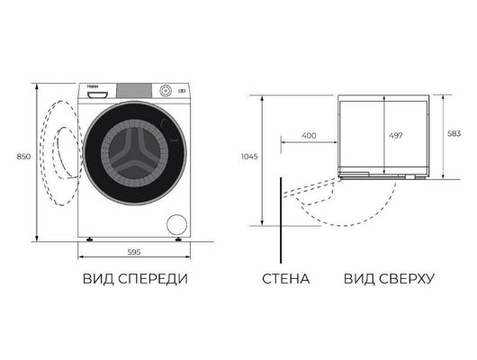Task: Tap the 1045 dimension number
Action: coord(250,156)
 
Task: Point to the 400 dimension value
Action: coord(308,135)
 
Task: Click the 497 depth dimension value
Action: coord(394,135)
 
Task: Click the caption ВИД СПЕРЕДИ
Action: coord(136,279)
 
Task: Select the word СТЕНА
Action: coord(285,279)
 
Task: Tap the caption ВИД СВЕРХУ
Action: coord(389,279)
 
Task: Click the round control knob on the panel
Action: coord(165,91)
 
